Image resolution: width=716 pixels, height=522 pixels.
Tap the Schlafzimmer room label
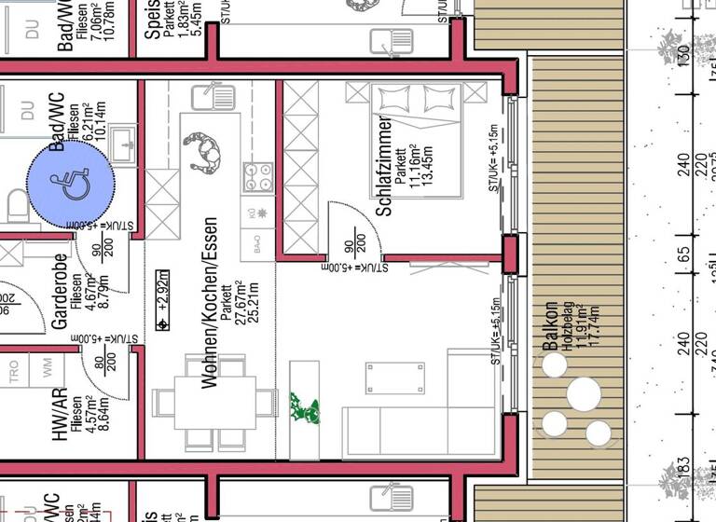pyautogui.click(x=383, y=167)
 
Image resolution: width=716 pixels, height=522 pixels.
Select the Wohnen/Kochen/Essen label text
pyautogui.click(x=210, y=303)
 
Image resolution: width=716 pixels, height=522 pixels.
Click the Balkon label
pyautogui.click(x=551, y=326)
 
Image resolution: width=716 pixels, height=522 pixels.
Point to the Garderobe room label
pyautogui.click(x=60, y=291)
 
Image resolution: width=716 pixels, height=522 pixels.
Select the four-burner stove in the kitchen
pyautogui.click(x=257, y=176)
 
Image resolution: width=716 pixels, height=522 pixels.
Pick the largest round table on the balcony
pyautogui.click(x=585, y=393)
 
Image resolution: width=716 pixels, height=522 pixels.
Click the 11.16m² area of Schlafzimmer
pyautogui.click(x=415, y=168)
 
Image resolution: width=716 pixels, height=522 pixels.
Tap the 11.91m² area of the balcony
pyautogui.click(x=582, y=326)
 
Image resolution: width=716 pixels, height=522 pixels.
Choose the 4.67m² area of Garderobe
pyautogui.click(x=89, y=291)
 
